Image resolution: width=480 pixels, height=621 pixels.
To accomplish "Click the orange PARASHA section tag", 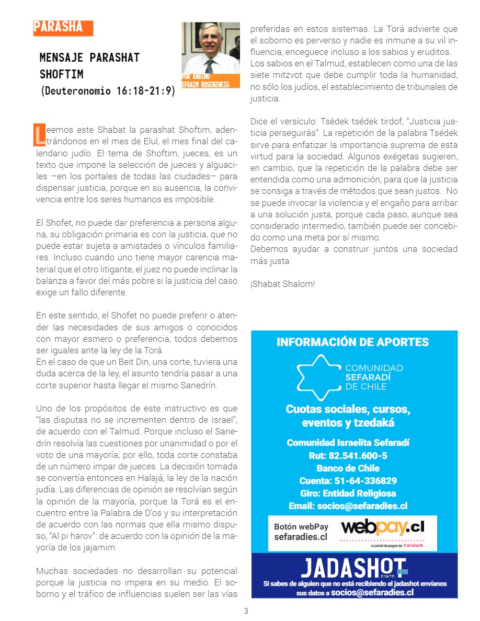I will tap(63, 28).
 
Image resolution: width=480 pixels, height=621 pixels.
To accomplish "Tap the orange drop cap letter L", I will tap(40, 134).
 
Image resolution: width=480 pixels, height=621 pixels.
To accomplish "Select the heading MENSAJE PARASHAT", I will tap(89, 57).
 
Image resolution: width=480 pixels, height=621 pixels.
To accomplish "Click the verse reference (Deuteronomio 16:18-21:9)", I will tap(108, 91).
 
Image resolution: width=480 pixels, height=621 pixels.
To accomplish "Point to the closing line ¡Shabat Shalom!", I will tap(282, 284).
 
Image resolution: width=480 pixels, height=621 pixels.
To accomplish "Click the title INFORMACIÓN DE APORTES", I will tap(352, 342).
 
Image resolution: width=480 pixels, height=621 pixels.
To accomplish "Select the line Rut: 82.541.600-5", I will tap(348, 455).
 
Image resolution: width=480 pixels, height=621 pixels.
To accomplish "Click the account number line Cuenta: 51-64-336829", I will tap(348, 480).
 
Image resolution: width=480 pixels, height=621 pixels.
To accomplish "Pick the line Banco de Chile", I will tap(348, 468).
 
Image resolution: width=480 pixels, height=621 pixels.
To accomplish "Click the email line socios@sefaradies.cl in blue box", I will tap(348, 506).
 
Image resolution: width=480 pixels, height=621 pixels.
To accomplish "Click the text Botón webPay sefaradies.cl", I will tap(301, 532).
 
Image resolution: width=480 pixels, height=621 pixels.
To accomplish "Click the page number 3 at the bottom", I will tap(246, 611).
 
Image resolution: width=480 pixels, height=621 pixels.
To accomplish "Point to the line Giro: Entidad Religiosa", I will tap(348, 493).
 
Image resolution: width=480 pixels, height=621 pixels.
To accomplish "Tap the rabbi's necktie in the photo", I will tap(209, 65).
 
